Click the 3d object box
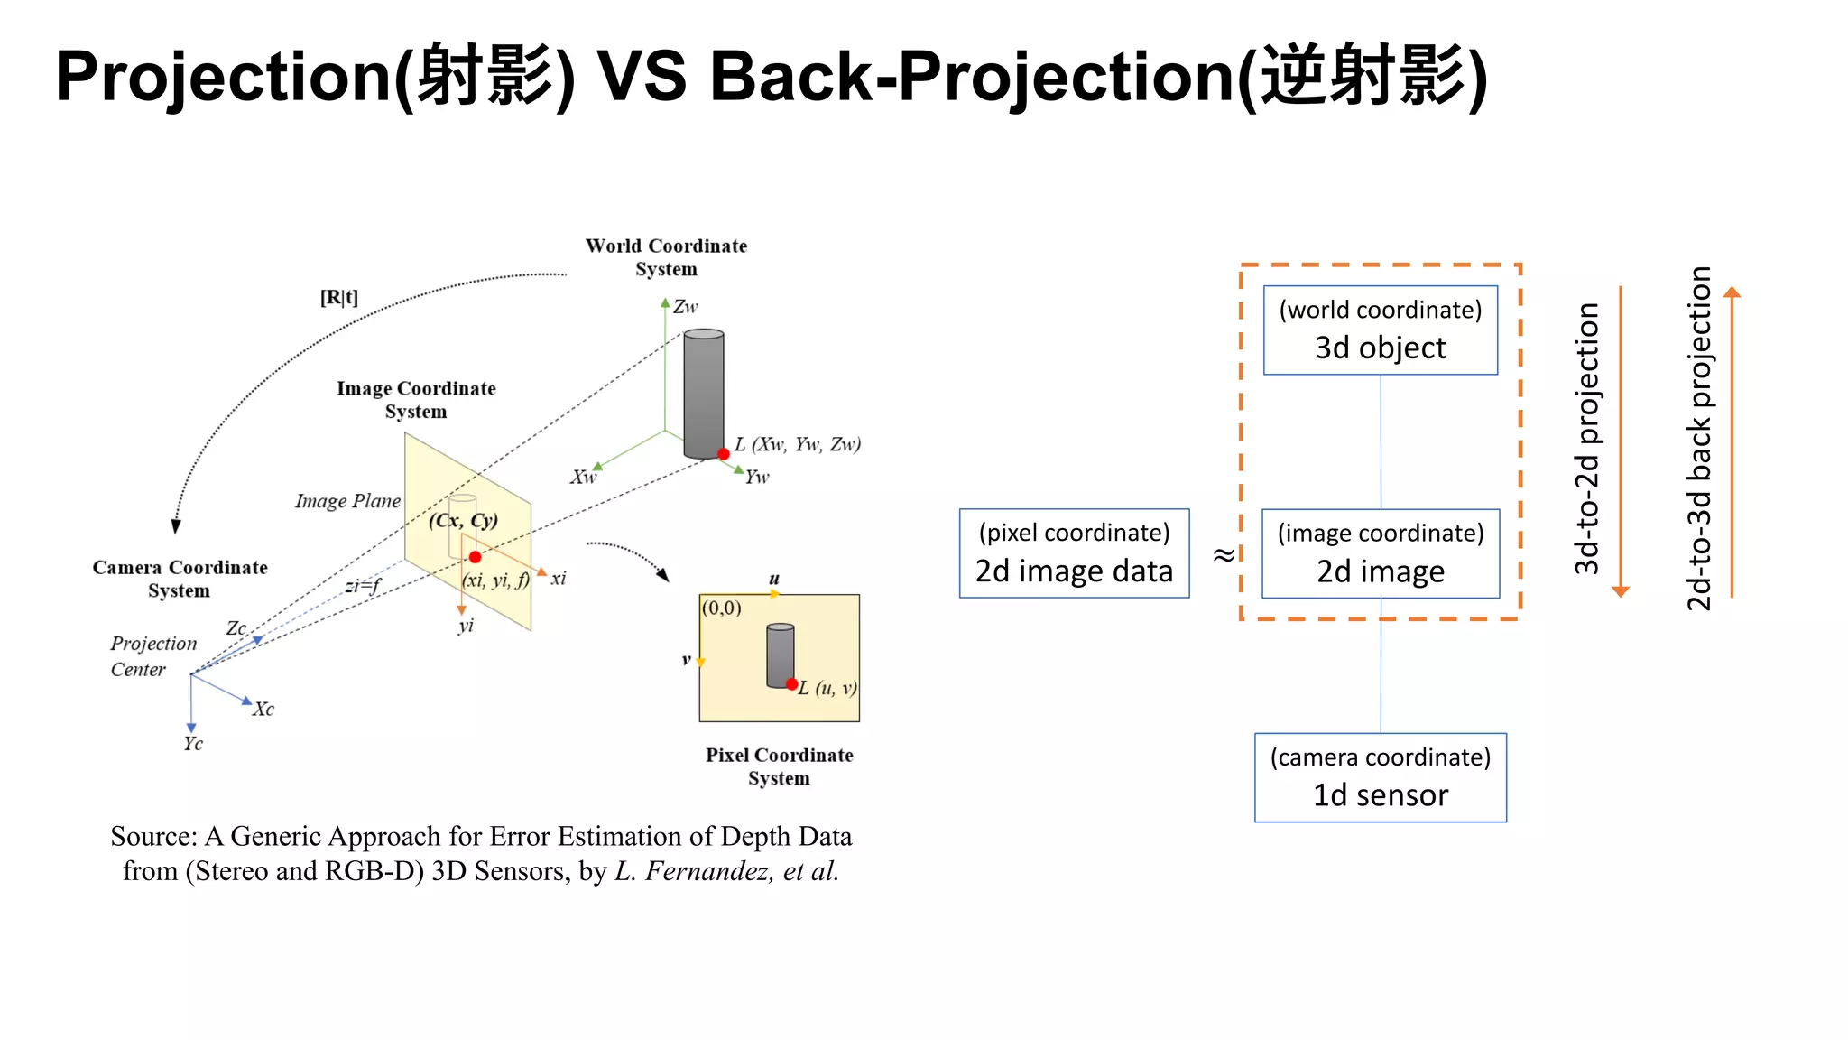click(x=1380, y=330)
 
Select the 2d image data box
click(x=1074, y=553)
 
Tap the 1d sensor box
click(x=1380, y=777)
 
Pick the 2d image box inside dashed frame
click(x=1380, y=553)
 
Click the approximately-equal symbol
click(x=1224, y=554)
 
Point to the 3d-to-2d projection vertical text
click(x=1586, y=439)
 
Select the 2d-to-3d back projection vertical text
click(x=1699, y=439)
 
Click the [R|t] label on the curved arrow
click(x=339, y=297)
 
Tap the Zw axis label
click(x=686, y=307)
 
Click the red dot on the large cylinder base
click(x=724, y=454)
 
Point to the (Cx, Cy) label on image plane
click(x=463, y=520)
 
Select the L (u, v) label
click(x=827, y=689)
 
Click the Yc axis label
click(x=193, y=744)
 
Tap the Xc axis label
click(x=263, y=709)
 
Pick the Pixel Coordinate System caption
click(x=779, y=766)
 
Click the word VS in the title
click(x=642, y=76)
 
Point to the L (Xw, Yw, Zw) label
click(x=797, y=444)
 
